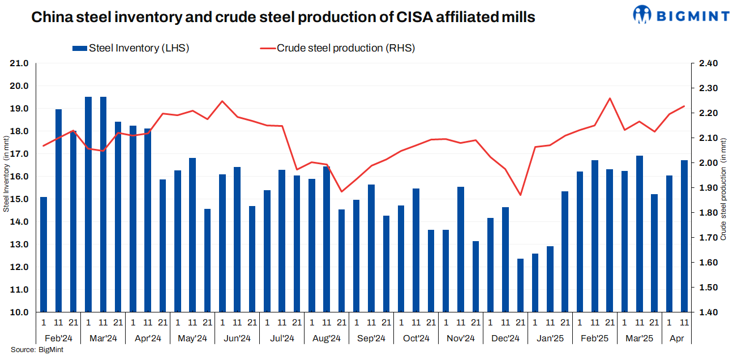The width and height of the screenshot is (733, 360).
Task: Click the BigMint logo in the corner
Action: pyautogui.click(x=681, y=15)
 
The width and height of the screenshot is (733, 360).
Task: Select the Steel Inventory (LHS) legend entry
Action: pyautogui.click(x=131, y=48)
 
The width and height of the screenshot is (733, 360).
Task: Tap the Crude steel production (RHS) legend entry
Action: pyautogui.click(x=337, y=48)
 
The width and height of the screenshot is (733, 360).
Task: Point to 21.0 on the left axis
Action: pyautogui.click(x=20, y=63)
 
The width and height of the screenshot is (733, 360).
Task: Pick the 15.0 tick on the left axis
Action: pyautogui.click(x=20, y=199)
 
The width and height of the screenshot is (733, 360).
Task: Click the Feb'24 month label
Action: pyautogui.click(x=58, y=338)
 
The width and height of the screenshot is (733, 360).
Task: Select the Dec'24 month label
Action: pyautogui.click(x=505, y=338)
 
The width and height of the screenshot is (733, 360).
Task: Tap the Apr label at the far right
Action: pyautogui.click(x=676, y=338)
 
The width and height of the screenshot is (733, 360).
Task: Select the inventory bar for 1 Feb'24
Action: pyautogui.click(x=44, y=255)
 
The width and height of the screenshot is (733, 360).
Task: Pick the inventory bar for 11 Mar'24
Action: pyautogui.click(x=103, y=204)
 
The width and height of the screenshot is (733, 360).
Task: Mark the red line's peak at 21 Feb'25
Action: pyautogui.click(x=610, y=98)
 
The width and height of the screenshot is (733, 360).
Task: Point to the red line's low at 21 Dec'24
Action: pyautogui.click(x=521, y=195)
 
